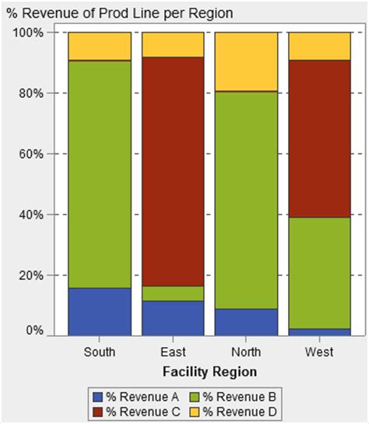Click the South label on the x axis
point(100,352)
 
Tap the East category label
point(172,352)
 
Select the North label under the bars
point(245,352)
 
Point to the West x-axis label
point(318,352)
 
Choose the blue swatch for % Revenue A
point(96,396)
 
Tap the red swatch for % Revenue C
point(96,410)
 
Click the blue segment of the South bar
point(100,311)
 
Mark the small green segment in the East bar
point(172,293)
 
